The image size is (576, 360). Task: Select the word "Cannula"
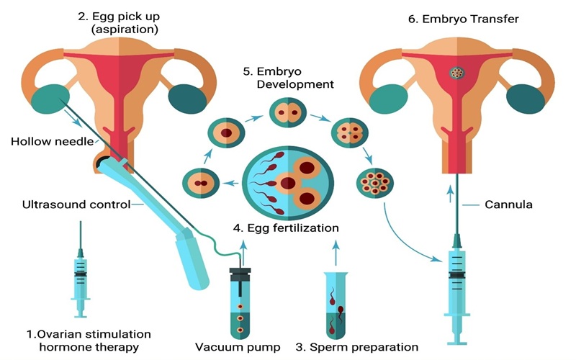point(508,204)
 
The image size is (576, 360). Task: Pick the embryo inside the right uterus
point(456,73)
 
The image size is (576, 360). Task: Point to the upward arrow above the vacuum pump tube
point(243,248)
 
